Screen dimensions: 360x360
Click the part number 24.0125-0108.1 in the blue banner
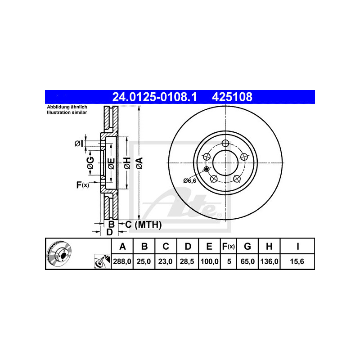coord(154,97)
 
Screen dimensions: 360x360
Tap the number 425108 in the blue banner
coord(232,97)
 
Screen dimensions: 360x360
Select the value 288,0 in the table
coord(122,261)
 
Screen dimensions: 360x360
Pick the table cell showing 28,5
coord(187,261)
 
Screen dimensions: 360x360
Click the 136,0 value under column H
coord(269,261)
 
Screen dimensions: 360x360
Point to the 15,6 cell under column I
coord(297,261)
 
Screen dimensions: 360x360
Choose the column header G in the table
coord(247,246)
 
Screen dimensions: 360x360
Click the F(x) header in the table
coord(229,246)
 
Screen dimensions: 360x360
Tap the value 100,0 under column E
coord(209,261)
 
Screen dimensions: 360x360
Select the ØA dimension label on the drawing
coord(139,163)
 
